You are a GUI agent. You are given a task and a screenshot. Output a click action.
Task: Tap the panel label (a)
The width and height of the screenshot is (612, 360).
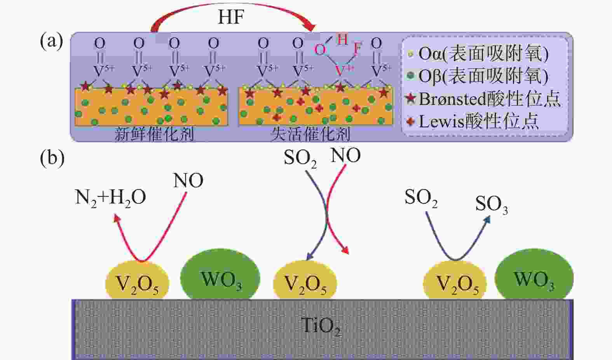(52, 42)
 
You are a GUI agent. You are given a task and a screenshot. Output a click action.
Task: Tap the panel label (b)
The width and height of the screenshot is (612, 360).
(52, 158)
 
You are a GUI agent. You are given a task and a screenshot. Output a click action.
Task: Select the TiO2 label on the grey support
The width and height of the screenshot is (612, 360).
(321, 326)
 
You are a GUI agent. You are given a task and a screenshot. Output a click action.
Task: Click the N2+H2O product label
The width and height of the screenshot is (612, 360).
(110, 198)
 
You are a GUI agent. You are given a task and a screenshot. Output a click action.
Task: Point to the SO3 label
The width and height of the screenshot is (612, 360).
(492, 204)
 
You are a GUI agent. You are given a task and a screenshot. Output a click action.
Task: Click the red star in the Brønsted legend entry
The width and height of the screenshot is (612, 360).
(411, 98)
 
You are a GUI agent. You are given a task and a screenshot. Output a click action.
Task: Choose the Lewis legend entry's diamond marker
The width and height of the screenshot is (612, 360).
(410, 121)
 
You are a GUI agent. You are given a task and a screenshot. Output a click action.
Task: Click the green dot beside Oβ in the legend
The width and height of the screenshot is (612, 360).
(410, 75)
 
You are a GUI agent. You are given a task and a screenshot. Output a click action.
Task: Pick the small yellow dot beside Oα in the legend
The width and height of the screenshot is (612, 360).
(410, 54)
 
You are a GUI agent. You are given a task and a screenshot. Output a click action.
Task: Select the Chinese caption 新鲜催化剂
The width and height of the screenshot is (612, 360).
(154, 134)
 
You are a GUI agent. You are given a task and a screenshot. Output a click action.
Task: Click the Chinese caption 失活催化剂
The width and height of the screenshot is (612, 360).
(310, 134)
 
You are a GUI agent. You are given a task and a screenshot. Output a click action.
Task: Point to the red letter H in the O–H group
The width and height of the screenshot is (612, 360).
(342, 39)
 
